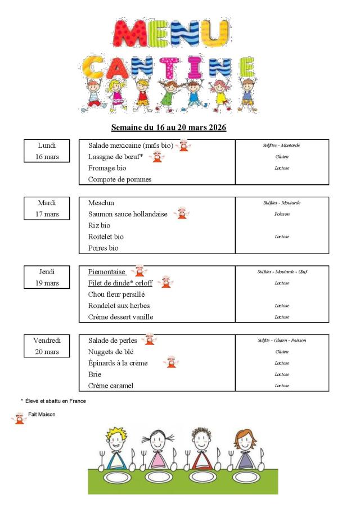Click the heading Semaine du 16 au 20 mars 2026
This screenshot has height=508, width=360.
(169, 128)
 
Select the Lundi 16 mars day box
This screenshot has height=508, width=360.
(47, 151)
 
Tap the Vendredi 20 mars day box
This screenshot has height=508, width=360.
(47, 346)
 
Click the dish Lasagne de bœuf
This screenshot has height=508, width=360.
(116, 157)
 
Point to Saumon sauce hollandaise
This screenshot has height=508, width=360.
(128, 214)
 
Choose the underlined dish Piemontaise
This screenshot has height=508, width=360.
(107, 271)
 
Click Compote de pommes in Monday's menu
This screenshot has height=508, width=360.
(120, 180)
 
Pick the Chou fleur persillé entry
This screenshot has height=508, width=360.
(116, 294)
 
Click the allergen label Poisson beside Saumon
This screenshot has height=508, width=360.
(282, 214)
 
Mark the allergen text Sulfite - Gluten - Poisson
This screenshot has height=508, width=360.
(282, 341)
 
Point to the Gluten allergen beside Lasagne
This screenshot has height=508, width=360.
(282, 157)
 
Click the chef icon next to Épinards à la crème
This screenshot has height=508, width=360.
(171, 363)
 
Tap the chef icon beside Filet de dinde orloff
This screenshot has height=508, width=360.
(165, 282)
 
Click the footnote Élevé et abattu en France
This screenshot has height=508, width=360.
(55, 401)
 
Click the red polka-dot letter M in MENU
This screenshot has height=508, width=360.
(129, 34)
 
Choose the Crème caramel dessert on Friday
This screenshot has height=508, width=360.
(111, 386)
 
